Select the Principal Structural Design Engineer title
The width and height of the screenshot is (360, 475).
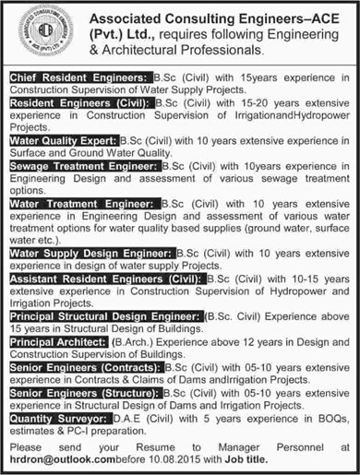pos(103,315)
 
